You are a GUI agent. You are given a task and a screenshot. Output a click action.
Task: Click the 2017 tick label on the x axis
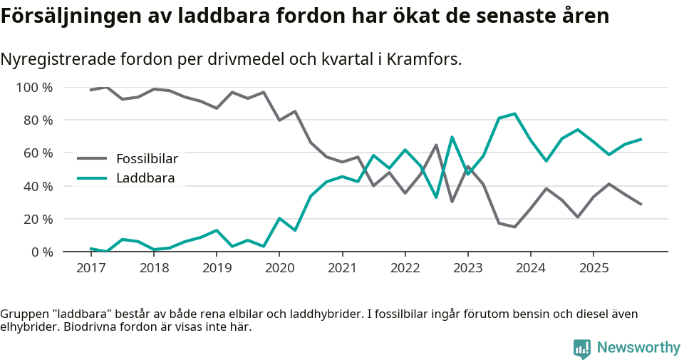click(90, 268)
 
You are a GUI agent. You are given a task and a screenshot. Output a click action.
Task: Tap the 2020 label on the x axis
click(279, 268)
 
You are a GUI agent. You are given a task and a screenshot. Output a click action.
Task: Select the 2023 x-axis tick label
click(467, 268)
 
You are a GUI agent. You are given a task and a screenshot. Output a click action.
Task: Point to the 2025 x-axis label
click(594, 268)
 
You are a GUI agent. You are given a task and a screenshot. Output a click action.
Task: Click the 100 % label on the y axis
click(35, 88)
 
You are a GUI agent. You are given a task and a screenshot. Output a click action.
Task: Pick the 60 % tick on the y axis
click(38, 153)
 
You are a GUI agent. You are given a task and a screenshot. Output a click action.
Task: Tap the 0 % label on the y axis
click(41, 252)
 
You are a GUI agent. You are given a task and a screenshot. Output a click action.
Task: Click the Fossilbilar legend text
click(147, 158)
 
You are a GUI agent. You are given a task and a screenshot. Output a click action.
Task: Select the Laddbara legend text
click(145, 178)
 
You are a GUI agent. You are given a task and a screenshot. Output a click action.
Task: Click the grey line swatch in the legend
click(92, 158)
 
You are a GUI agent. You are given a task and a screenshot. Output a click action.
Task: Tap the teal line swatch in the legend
click(92, 178)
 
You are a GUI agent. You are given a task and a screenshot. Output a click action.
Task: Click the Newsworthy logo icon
click(582, 349)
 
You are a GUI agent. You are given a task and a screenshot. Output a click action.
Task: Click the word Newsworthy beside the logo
click(638, 348)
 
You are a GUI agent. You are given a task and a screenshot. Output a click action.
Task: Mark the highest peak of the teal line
click(514, 113)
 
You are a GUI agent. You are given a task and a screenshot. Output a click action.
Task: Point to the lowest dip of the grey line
click(514, 227)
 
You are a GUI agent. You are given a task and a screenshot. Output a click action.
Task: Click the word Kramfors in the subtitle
click(426, 59)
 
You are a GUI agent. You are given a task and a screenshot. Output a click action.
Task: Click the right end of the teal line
click(641, 139)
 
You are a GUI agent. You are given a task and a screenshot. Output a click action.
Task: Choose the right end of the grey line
click(641, 205)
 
